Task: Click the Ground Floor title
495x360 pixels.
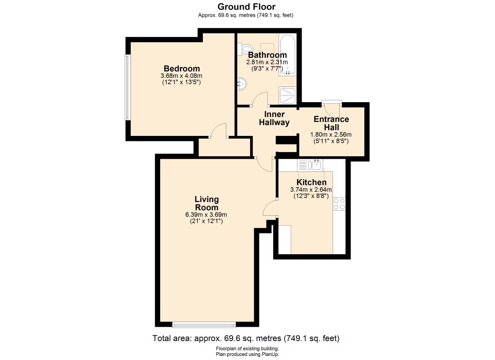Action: (246, 7)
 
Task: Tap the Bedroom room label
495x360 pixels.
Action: (181, 68)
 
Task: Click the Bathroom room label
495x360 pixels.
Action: (267, 55)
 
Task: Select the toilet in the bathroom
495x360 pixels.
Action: (246, 48)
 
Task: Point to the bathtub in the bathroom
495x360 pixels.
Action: (287, 54)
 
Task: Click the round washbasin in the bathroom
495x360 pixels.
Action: (242, 84)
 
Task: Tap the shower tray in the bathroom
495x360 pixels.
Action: (287, 95)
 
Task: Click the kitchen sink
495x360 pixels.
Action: (310, 165)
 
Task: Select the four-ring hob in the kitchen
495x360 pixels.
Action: (339, 204)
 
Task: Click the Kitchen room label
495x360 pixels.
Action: (311, 182)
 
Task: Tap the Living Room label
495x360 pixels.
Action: (207, 203)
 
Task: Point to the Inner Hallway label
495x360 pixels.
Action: (274, 118)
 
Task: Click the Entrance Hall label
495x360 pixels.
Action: (331, 123)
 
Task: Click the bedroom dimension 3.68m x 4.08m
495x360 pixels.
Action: (181, 76)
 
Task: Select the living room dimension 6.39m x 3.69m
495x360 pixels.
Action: (206, 215)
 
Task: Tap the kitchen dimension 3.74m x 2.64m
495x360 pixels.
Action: (311, 190)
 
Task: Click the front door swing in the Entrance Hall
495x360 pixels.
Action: (332, 110)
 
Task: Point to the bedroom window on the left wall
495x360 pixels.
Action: (127, 87)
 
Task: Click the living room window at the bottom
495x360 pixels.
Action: (204, 324)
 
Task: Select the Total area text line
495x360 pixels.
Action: (246, 338)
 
